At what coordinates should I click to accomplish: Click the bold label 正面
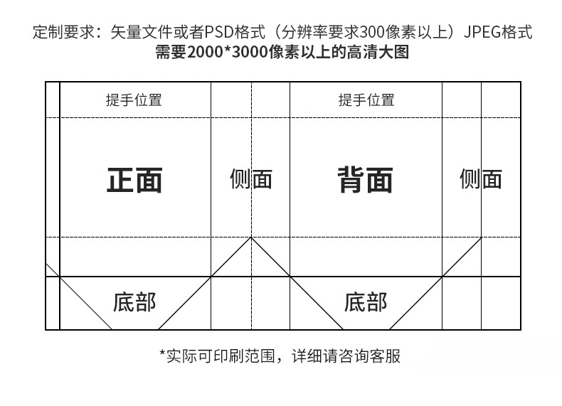(x=134, y=180)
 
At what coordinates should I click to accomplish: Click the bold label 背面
(x=365, y=180)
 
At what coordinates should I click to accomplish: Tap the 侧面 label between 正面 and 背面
(x=250, y=178)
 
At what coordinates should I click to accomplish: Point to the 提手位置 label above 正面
(x=134, y=100)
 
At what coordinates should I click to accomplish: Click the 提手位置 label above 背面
(x=366, y=100)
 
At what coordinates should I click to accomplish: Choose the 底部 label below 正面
(x=134, y=302)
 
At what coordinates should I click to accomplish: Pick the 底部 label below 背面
(x=366, y=302)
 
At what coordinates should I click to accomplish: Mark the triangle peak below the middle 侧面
(x=250, y=237)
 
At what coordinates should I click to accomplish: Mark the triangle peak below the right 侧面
(x=481, y=237)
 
